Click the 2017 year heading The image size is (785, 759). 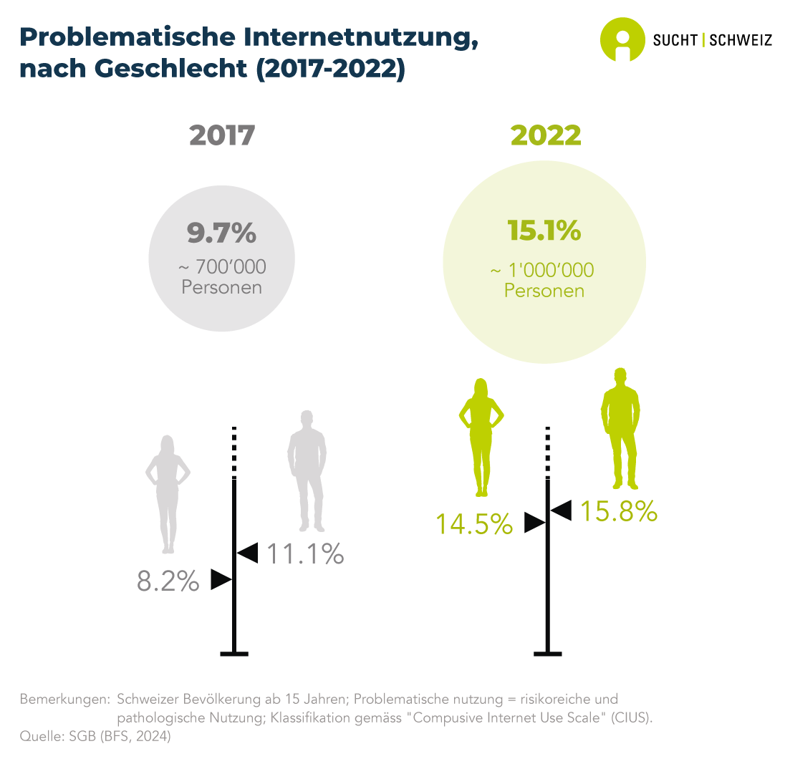pos(222,135)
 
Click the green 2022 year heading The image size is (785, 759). pos(545,135)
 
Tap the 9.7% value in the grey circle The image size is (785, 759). pos(221,233)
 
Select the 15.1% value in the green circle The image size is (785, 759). pos(544,231)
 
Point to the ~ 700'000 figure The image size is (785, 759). pos(221,267)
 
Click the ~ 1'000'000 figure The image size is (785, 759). pos(543,271)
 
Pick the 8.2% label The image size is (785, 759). pos(168,581)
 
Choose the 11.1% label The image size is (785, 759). pos(305,553)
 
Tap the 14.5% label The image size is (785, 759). pos(475,524)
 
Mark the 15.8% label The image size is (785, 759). pos(618,511)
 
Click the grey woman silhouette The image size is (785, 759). pos(168,494)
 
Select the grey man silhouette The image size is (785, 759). pos(307,469)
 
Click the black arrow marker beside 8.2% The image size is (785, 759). pos(221,579)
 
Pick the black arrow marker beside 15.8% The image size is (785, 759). pos(561,511)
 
